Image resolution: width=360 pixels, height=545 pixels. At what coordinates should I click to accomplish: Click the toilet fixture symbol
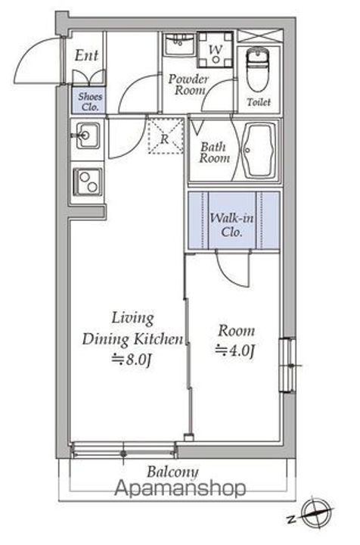click(x=258, y=68)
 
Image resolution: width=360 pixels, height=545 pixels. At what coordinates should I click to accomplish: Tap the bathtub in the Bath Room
click(x=259, y=150)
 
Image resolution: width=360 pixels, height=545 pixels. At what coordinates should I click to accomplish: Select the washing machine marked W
click(x=216, y=50)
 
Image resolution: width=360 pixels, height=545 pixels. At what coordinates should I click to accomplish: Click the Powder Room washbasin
click(x=179, y=45)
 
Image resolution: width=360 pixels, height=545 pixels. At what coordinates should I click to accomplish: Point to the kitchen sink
click(x=88, y=135)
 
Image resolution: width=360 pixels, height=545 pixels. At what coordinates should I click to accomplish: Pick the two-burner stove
click(x=88, y=182)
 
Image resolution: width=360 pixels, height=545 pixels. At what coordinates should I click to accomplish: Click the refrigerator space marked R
click(x=166, y=135)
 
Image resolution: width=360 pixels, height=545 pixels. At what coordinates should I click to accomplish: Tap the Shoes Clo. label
click(x=90, y=101)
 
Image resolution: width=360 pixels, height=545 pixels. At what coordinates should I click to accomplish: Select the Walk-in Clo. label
click(x=231, y=225)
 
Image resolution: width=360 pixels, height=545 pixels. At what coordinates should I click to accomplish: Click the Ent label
click(x=86, y=55)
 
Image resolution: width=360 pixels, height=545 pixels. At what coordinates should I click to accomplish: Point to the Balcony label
click(x=172, y=472)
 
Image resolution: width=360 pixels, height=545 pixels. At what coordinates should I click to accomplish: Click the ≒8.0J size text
click(x=132, y=360)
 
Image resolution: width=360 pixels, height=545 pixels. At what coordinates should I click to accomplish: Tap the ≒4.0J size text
click(x=235, y=350)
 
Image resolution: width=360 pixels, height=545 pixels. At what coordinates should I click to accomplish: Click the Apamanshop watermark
click(x=180, y=488)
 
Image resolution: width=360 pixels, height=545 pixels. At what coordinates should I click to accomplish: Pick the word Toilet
click(x=259, y=102)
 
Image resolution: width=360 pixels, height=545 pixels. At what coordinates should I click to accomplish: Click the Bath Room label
click(x=214, y=153)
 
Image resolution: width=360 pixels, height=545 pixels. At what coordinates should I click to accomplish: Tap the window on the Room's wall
click(x=288, y=365)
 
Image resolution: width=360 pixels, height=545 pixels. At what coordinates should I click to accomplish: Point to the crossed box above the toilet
click(x=260, y=36)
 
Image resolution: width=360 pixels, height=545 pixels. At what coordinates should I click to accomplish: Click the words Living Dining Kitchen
click(x=132, y=329)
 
